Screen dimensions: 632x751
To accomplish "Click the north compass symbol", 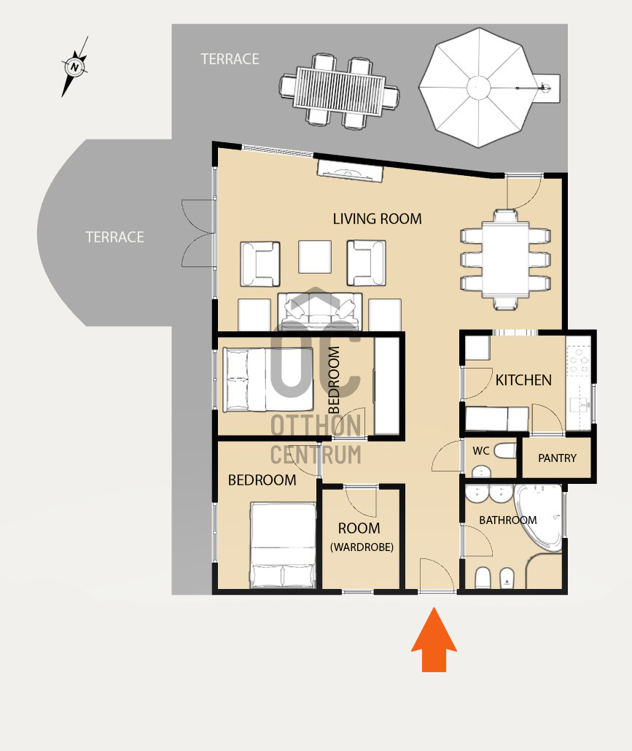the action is click(x=74, y=66).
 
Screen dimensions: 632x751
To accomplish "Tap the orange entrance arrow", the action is click(x=434, y=640).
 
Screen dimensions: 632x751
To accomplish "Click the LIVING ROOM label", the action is click(x=377, y=220).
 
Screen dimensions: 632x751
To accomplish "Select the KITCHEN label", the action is click(x=523, y=380).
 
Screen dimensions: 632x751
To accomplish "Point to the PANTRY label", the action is click(x=557, y=458).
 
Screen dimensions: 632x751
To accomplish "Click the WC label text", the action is click(x=481, y=451).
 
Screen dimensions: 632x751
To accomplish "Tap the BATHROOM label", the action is click(x=507, y=520).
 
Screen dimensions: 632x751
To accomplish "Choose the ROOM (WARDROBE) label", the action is click(x=362, y=537).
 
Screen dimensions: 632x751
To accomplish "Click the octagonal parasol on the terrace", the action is click(x=478, y=88).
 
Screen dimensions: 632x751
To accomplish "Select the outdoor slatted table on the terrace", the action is click(x=339, y=91).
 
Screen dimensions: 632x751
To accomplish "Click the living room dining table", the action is click(x=505, y=258).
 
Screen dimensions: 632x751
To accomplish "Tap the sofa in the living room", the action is click(x=320, y=312).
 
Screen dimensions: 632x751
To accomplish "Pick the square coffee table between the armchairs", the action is click(x=315, y=257).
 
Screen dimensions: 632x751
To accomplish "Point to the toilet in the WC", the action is click(x=504, y=451).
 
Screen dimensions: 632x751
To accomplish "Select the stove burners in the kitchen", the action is click(x=578, y=359).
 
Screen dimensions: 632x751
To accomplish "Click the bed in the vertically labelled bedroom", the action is click(x=268, y=380).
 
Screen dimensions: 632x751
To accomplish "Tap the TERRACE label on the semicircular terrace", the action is click(x=115, y=237).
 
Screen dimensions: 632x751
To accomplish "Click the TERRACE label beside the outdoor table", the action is click(x=230, y=59).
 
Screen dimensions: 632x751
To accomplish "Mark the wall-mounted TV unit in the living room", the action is click(x=350, y=172).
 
